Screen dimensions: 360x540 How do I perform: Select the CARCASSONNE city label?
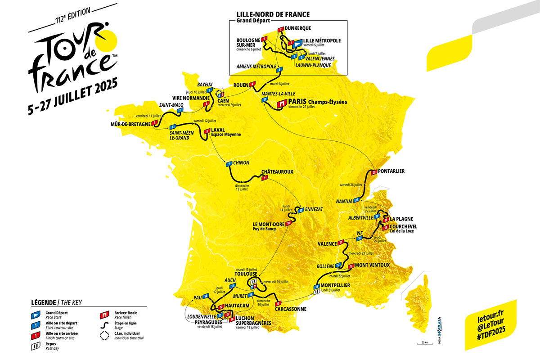tap(288, 309)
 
